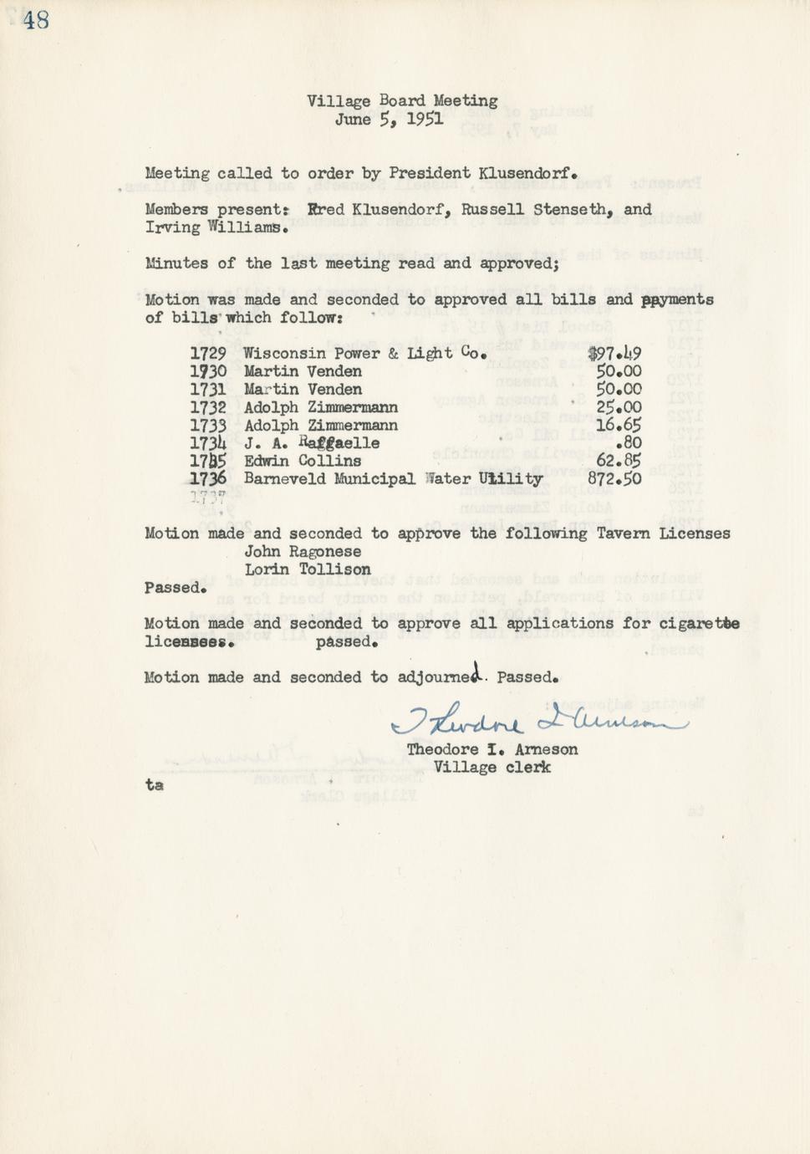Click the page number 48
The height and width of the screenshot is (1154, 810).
36,19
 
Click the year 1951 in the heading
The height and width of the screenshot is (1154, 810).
425,120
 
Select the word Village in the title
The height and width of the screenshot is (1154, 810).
338,101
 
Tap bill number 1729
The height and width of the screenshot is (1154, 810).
208,354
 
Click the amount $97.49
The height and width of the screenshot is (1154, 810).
614,354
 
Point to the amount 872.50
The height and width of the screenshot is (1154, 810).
614,479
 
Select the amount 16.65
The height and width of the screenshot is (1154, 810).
619,426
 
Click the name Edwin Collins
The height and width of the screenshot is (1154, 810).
303,461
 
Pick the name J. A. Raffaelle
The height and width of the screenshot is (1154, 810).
312,443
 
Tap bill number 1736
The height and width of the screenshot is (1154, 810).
208,479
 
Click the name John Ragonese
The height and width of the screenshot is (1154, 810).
303,552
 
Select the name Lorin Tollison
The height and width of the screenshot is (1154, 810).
308,569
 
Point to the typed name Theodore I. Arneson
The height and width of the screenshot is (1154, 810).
492,749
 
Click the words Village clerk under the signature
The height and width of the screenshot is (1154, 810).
492,767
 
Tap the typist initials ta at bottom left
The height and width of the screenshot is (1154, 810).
154,784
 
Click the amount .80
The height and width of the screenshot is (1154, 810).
628,443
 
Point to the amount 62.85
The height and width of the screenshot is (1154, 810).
619,461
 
